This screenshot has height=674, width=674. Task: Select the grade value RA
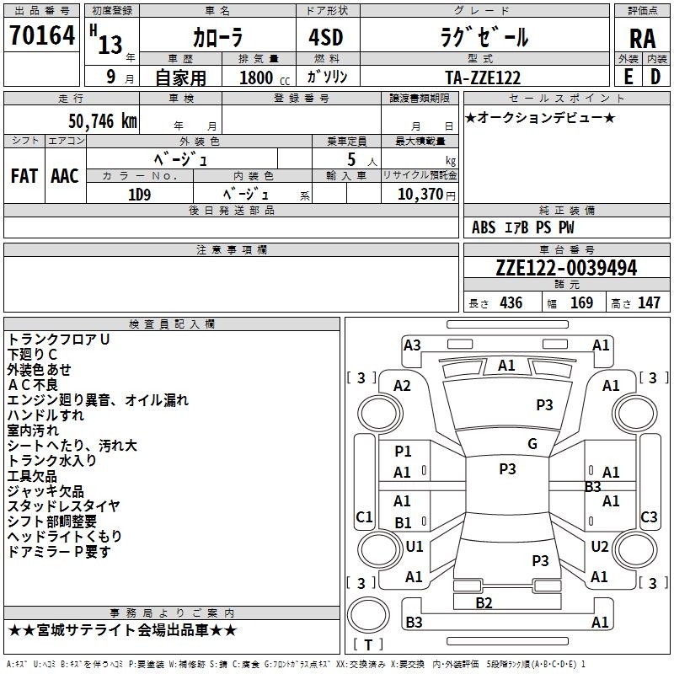coord(642,39)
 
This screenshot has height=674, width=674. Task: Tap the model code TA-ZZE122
coord(483,78)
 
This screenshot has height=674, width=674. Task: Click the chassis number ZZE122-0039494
coord(566,268)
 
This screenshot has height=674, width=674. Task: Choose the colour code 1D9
coord(139,194)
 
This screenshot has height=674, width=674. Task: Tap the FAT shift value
coord(24,176)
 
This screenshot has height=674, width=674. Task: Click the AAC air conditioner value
coord(64,176)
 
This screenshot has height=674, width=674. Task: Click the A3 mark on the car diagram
coord(412,345)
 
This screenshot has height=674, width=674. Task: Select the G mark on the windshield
coord(532,444)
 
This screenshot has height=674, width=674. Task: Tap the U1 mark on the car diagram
coord(415,547)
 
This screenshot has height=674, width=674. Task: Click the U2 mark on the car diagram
coord(599,547)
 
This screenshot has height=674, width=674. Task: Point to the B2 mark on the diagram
coord(484,602)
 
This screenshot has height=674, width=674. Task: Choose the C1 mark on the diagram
coord(364,516)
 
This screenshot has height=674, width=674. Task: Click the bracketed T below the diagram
coord(369,645)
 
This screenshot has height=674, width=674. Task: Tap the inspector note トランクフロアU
coord(58,339)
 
